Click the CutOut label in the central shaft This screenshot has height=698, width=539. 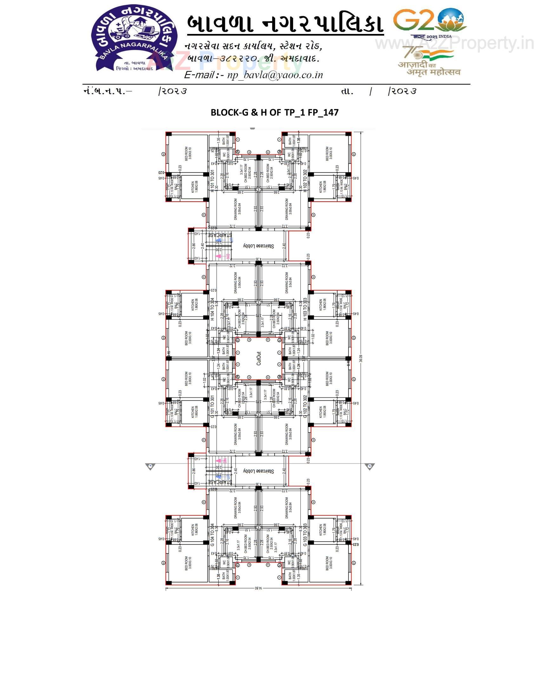(x=259, y=359)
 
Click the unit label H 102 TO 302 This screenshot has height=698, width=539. (x=305, y=181)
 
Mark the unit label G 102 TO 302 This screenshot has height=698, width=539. (x=305, y=406)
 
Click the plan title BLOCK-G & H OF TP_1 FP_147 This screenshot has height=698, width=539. (x=274, y=113)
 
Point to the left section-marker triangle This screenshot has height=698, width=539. (x=149, y=466)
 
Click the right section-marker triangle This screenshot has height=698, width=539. (x=370, y=466)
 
